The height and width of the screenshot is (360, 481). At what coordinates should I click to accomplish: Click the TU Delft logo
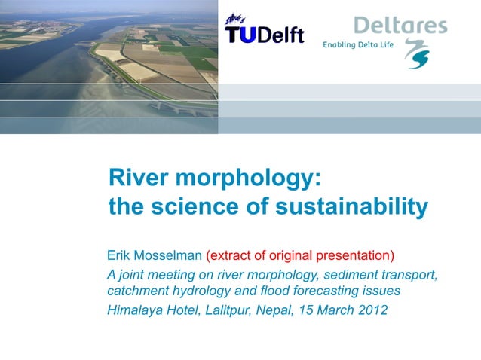[x=264, y=31]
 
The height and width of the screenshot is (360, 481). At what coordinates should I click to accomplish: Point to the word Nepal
[x=277, y=309]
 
